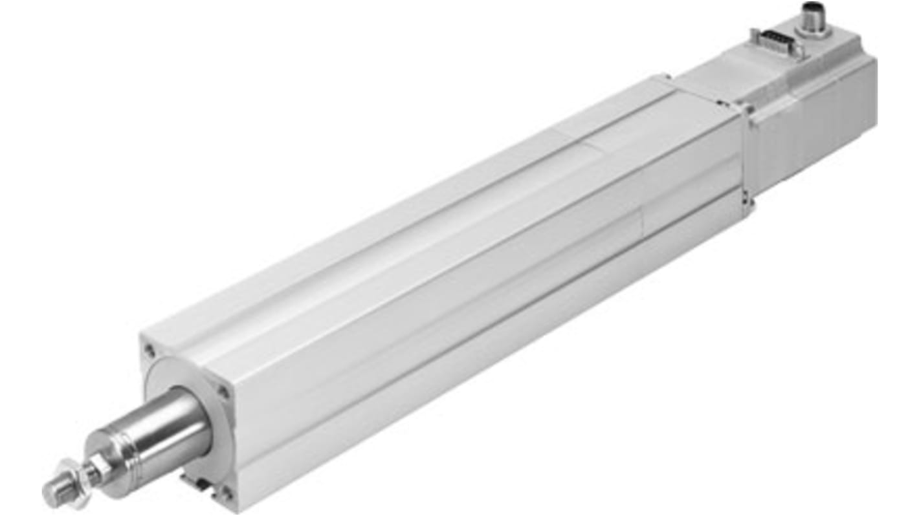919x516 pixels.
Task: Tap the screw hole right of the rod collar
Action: (223, 392)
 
